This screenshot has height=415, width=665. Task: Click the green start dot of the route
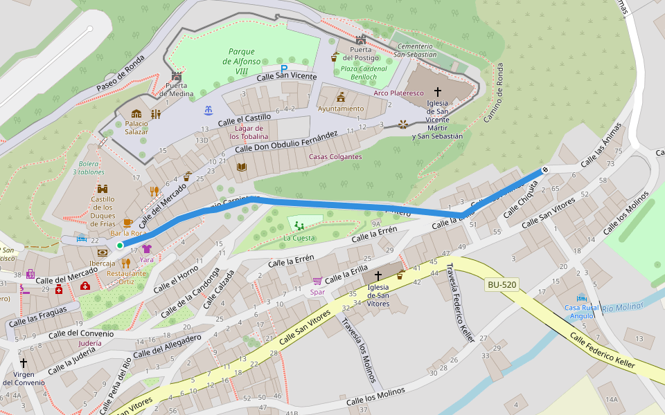point(120,246)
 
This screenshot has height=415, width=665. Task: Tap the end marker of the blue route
point(545,169)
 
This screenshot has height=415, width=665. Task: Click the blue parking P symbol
point(284,68)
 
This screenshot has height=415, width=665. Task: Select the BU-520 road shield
point(502,284)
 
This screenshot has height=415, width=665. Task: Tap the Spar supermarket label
point(318,292)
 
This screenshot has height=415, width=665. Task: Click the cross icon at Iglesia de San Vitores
point(378,275)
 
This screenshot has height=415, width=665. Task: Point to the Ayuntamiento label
point(341,109)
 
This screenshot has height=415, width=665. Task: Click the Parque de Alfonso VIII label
point(241,61)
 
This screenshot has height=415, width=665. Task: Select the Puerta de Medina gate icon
point(176,76)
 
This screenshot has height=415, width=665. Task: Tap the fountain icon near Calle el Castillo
point(208,110)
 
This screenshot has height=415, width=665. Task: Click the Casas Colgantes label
point(335,156)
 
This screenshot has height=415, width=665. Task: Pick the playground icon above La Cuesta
point(299,225)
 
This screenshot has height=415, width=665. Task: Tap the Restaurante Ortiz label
point(126,277)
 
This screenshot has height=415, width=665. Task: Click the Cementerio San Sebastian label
point(416,50)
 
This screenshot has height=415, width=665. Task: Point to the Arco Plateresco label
point(398,93)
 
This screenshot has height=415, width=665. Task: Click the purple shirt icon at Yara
point(147,248)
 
